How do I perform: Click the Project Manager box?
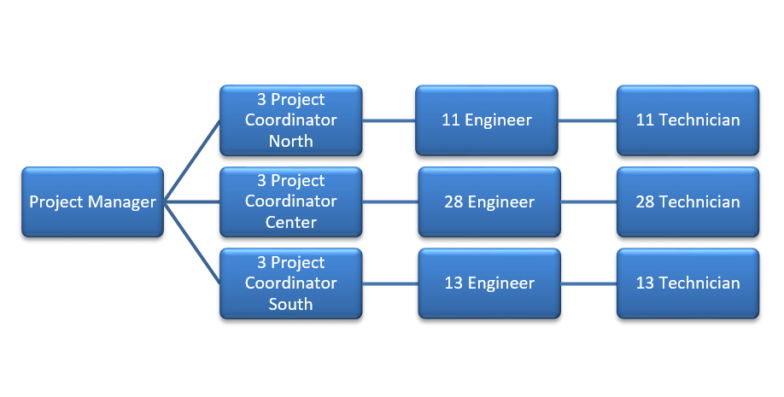tap(92, 202)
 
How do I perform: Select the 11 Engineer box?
tap(486, 120)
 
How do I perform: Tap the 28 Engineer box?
tap(489, 202)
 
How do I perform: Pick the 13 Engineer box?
tap(489, 283)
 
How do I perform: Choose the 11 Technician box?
tap(687, 120)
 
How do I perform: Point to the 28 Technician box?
tap(687, 202)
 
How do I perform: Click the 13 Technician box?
tap(687, 283)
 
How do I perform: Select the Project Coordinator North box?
tap(290, 120)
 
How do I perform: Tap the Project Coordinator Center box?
tap(290, 202)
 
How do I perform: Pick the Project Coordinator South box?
tap(290, 283)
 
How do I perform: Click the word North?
tap(291, 141)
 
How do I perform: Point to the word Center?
tap(291, 223)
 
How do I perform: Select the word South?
tap(291, 304)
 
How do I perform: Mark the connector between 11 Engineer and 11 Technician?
tap(587, 120)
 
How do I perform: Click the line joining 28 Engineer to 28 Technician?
tap(588, 202)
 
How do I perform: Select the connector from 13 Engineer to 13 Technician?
tap(588, 283)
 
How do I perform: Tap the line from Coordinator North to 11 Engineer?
tap(389, 120)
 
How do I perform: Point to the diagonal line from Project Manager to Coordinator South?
tap(191, 243)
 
